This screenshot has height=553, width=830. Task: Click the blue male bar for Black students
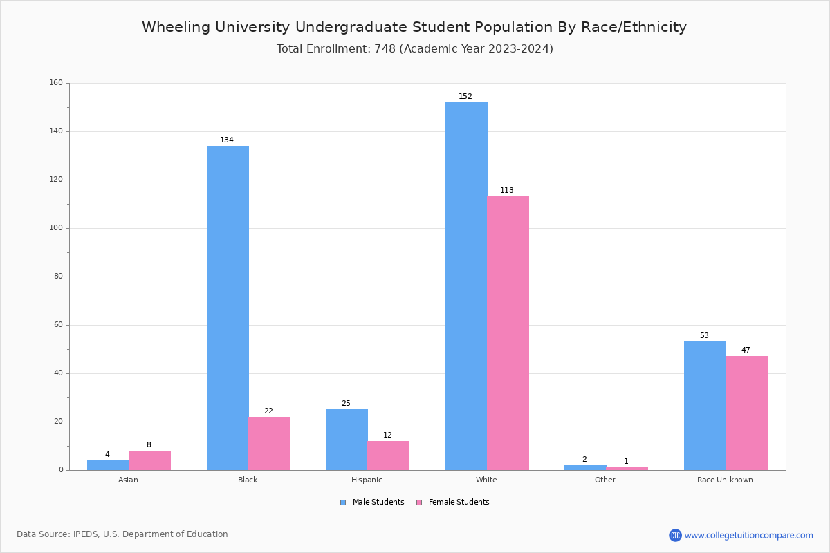[x=228, y=308]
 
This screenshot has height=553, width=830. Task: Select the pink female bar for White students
[x=508, y=333]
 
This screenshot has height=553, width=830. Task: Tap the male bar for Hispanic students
[x=347, y=440]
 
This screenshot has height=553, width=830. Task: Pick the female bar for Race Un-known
[x=746, y=413]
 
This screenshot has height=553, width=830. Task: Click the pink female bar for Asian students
[x=149, y=460]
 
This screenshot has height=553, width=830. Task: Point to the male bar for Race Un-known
[x=705, y=406]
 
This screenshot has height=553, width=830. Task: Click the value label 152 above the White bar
[x=465, y=97]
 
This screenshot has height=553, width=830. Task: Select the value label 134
[x=227, y=140]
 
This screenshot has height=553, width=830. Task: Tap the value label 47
[x=746, y=350]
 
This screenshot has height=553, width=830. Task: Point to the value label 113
[x=507, y=191]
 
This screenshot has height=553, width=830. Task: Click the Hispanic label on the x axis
[x=367, y=480]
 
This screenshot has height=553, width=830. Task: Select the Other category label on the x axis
[x=605, y=480]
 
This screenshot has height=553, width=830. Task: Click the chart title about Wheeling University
[x=414, y=27]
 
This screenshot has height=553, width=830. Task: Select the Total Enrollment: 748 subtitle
[x=414, y=49]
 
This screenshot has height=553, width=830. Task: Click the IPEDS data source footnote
[x=122, y=534]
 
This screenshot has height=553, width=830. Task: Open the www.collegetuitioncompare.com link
[x=748, y=535]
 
